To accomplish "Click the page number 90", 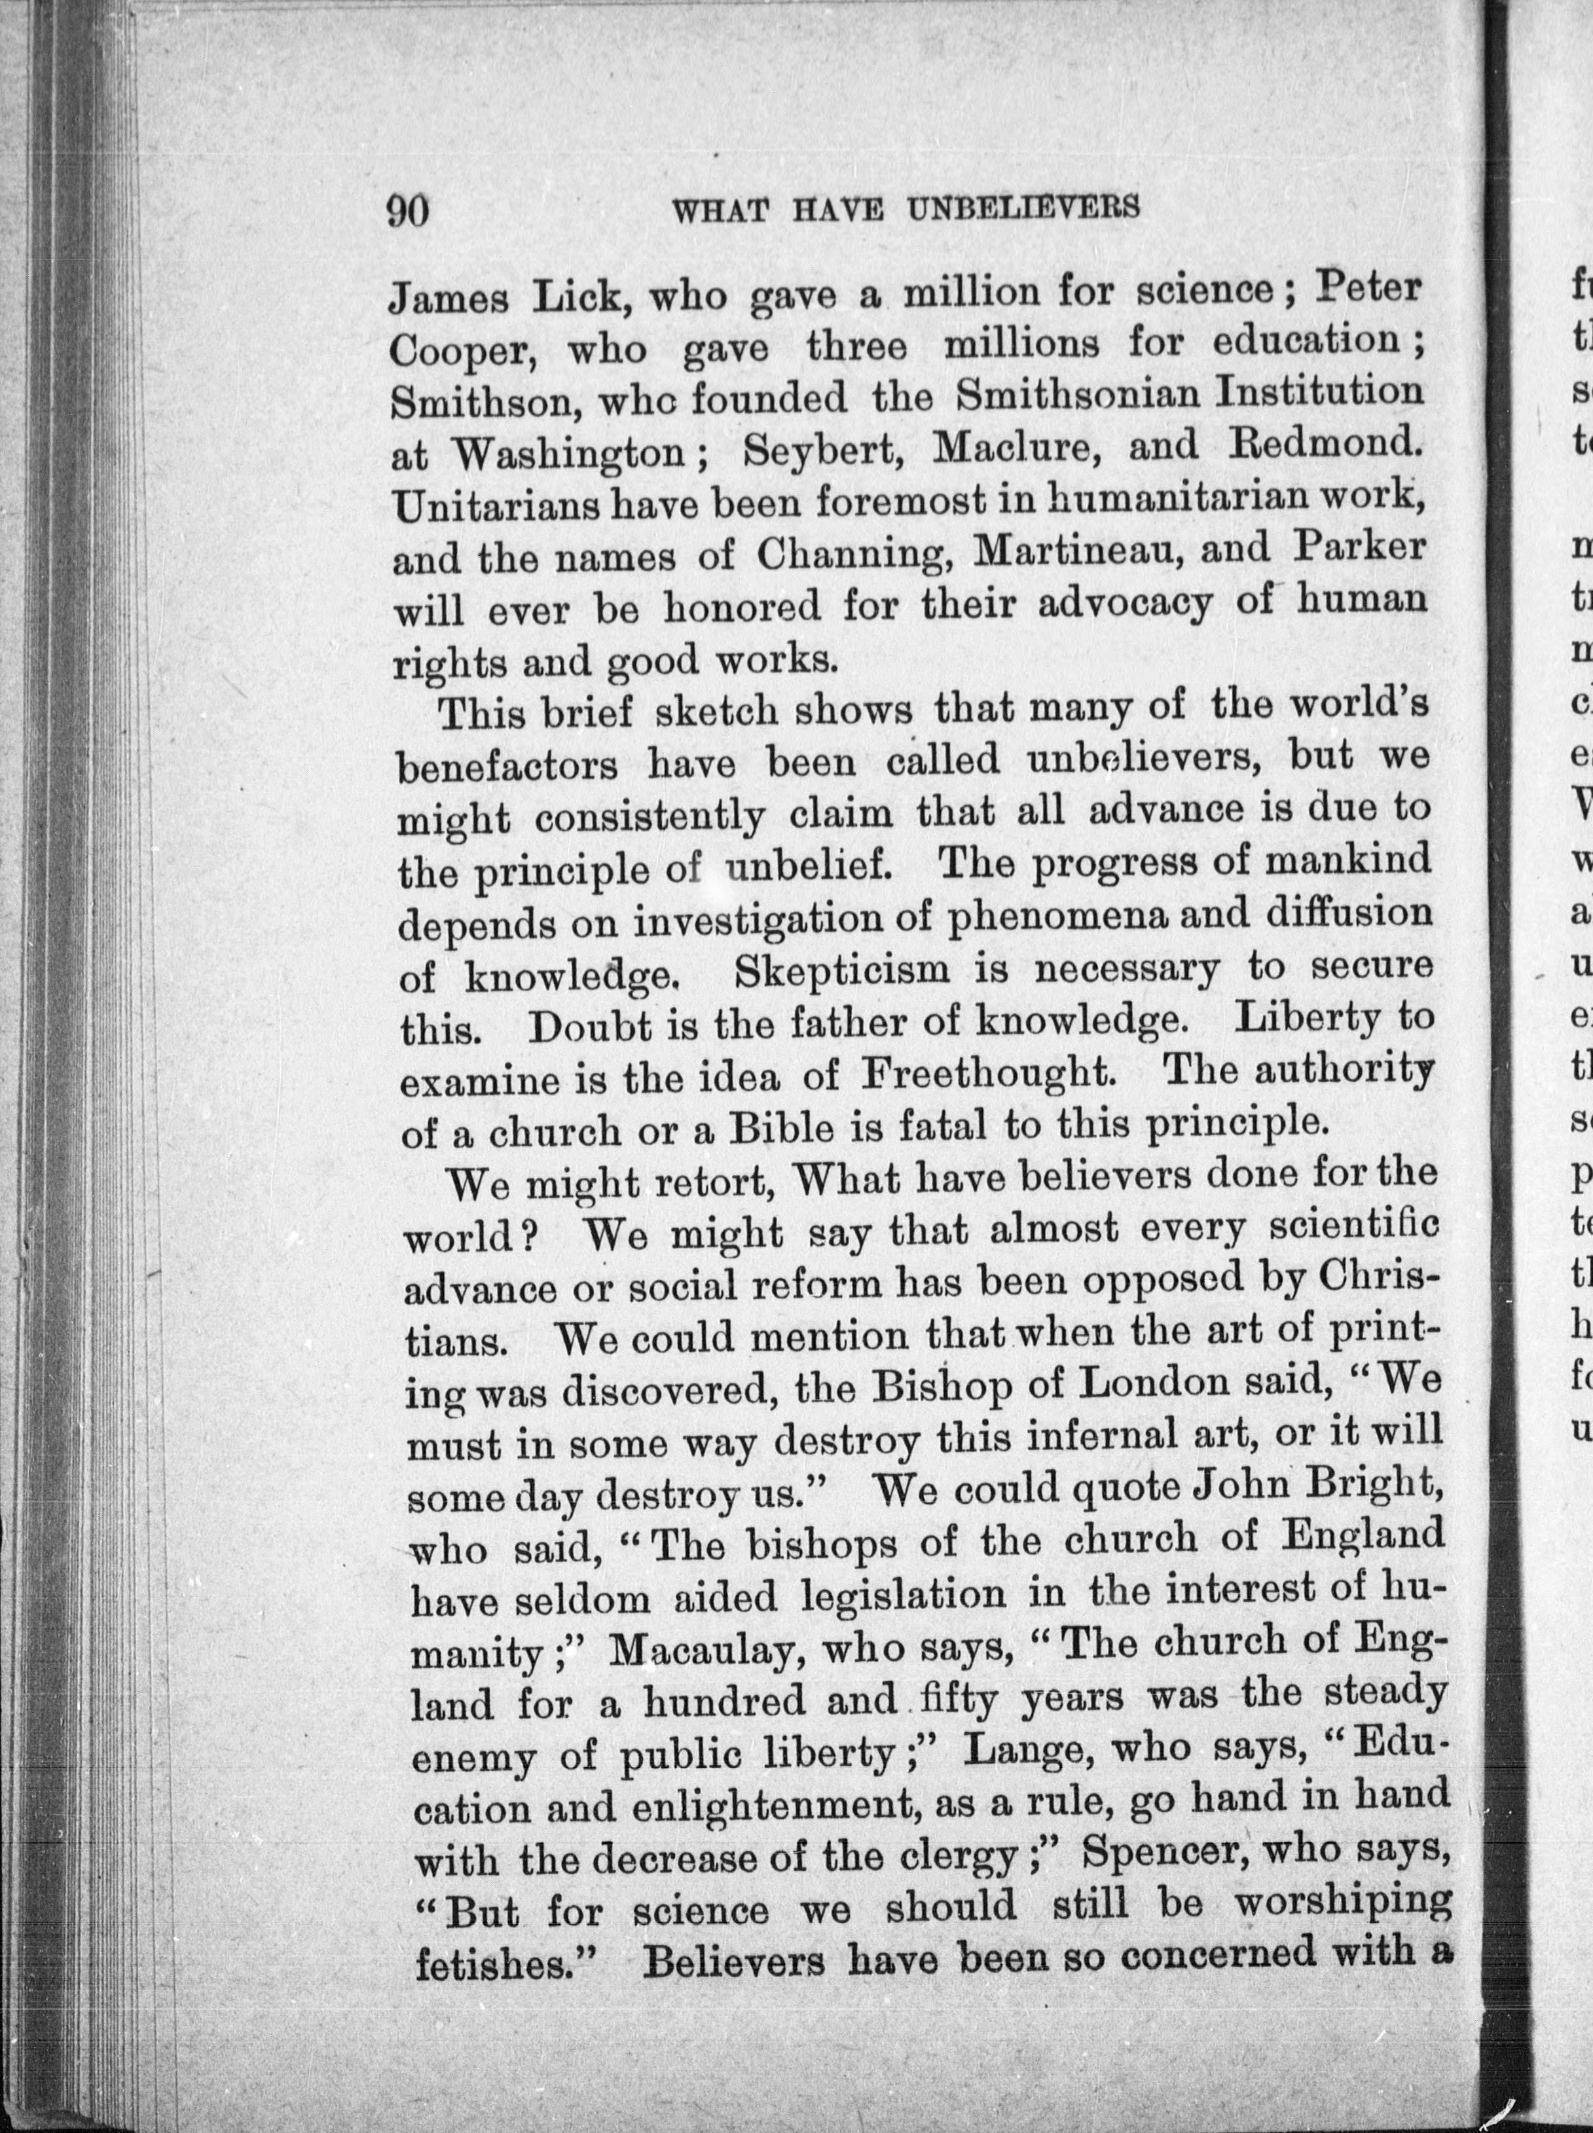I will tap(407, 210).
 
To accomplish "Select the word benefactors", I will tap(509, 765).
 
